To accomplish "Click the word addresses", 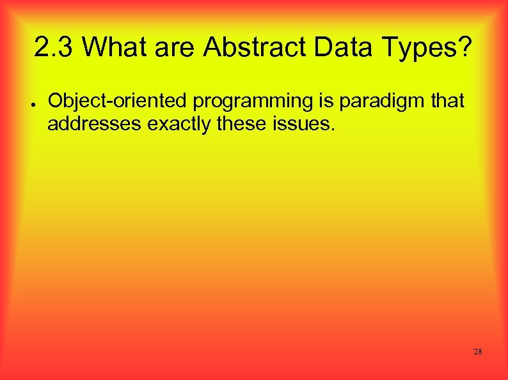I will (x=95, y=124).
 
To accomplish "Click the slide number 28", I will (x=477, y=352).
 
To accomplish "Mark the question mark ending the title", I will (x=466, y=47).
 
